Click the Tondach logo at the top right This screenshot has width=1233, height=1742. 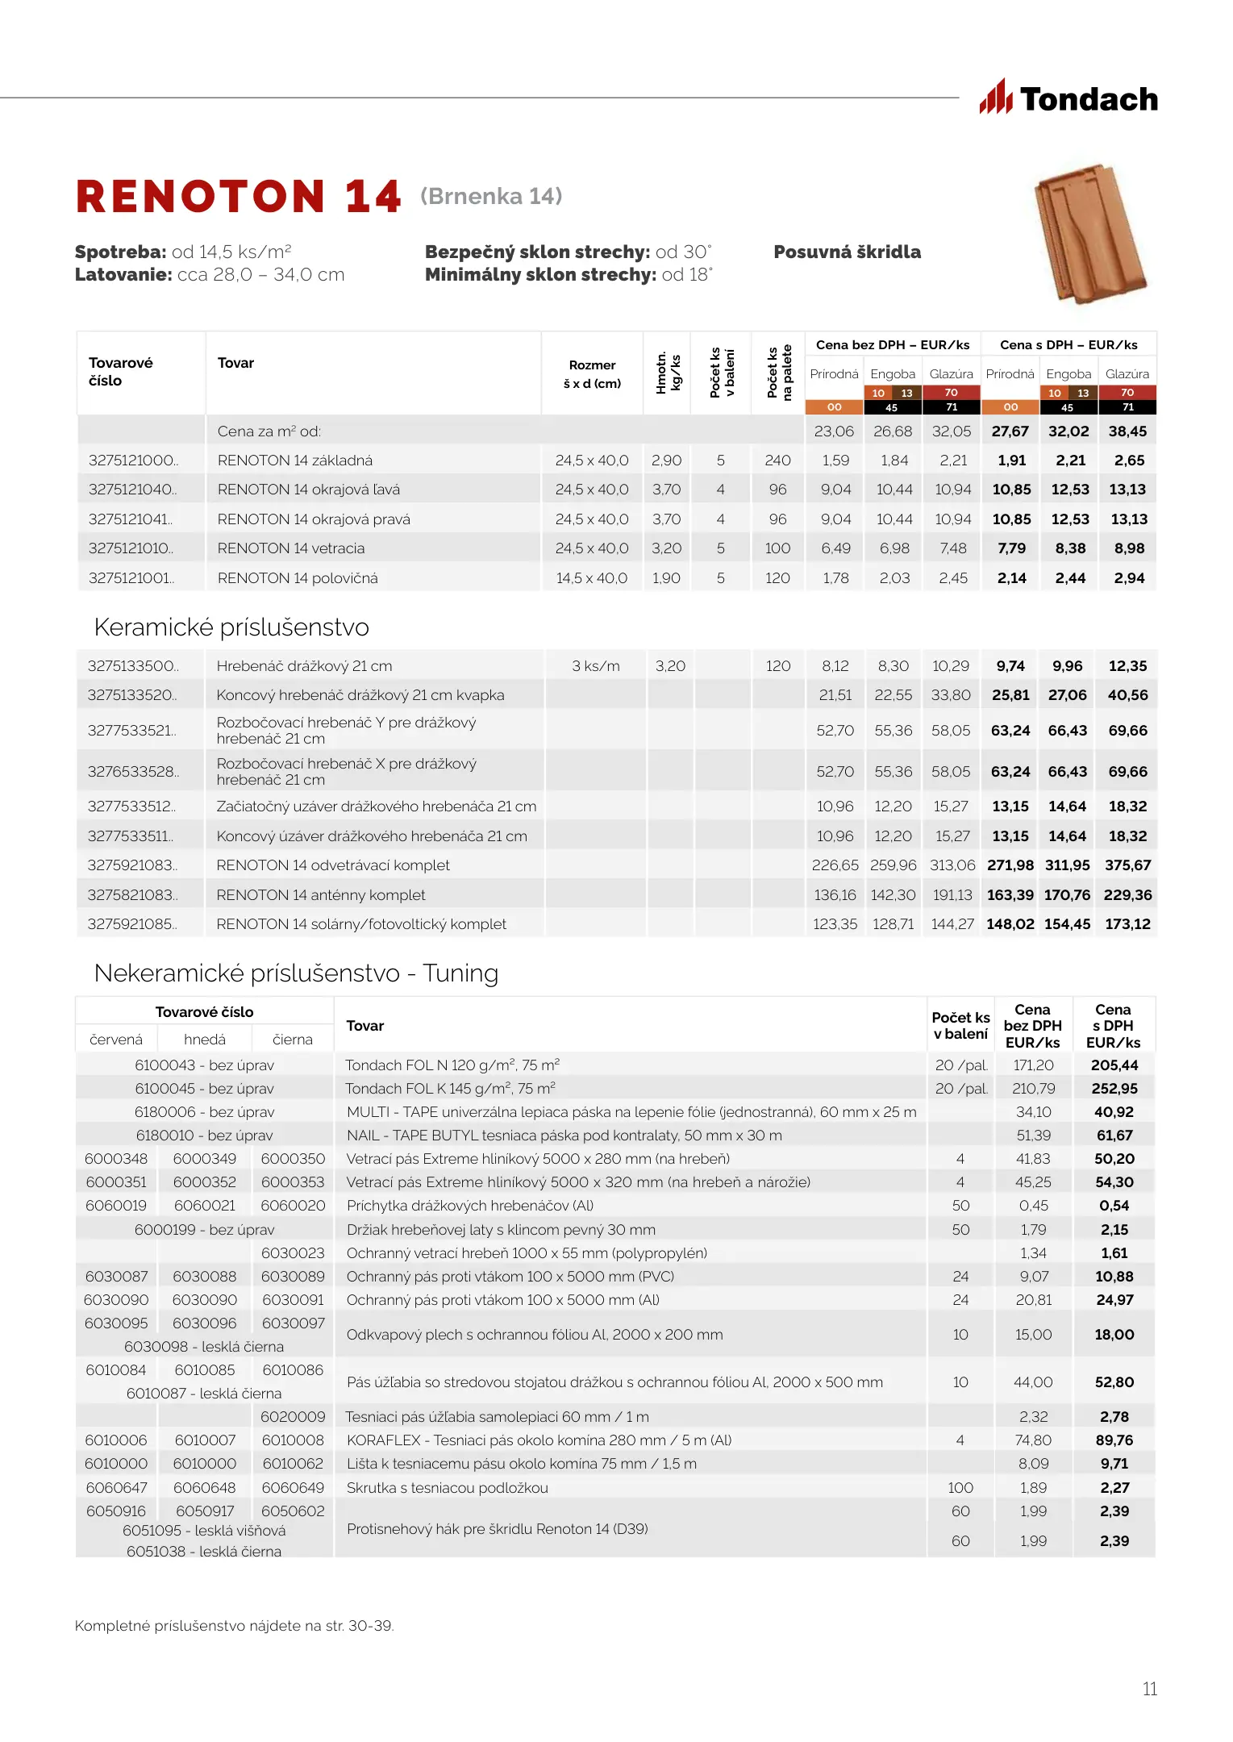pyautogui.click(x=1068, y=98)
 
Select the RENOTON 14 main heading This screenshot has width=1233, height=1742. pyautogui.click(x=238, y=197)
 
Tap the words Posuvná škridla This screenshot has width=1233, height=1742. pyautogui.click(x=847, y=252)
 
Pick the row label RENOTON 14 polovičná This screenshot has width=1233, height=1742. pyautogui.click(x=298, y=578)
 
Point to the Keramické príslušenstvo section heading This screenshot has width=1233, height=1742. pyautogui.click(x=231, y=627)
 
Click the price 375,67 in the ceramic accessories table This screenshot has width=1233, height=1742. pyautogui.click(x=1127, y=865)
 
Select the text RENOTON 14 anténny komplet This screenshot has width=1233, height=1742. pyautogui.click(x=321, y=895)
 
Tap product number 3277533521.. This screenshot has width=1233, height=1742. pyautogui.click(x=131, y=731)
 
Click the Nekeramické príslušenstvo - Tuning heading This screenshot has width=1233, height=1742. pyautogui.click(x=296, y=973)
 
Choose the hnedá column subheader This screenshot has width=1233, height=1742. pyautogui.click(x=205, y=1040)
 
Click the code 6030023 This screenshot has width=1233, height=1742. pyautogui.click(x=293, y=1253)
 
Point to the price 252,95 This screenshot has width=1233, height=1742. pyautogui.click(x=1114, y=1089)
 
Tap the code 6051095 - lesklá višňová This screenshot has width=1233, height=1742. pyautogui.click(x=204, y=1531)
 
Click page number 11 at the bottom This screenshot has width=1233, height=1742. pyautogui.click(x=1150, y=1689)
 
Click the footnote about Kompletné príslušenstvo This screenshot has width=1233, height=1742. pyautogui.click(x=234, y=1626)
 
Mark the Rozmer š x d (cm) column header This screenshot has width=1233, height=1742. pyautogui.click(x=592, y=374)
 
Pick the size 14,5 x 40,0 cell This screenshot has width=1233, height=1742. pyautogui.click(x=592, y=578)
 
